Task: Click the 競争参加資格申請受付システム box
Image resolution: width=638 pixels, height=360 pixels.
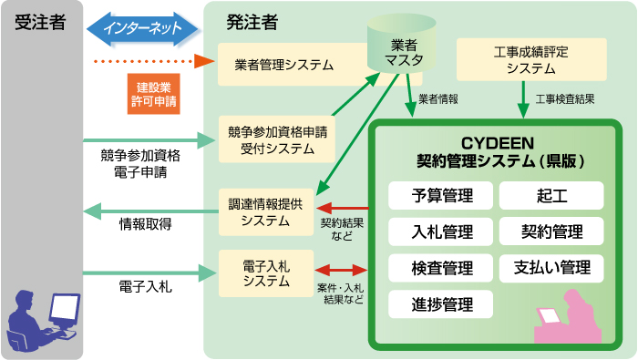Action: point(277,139)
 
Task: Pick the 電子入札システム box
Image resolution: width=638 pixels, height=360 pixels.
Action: point(266,273)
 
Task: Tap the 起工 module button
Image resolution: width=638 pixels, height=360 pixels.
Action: point(551,196)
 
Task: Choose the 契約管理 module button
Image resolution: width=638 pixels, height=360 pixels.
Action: point(551,231)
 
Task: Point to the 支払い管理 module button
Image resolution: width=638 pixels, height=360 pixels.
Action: point(551,268)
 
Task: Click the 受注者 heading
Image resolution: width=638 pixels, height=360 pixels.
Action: point(40,22)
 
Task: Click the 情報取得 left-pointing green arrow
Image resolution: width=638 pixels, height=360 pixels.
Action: point(146,211)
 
